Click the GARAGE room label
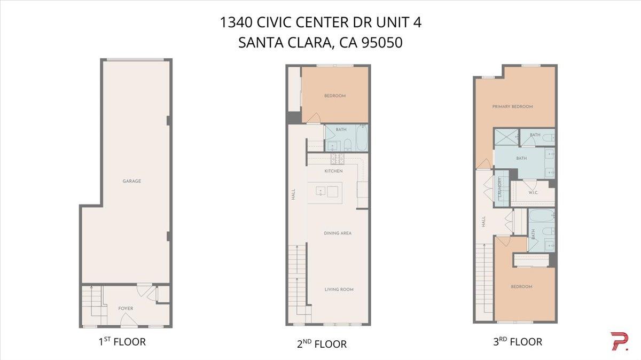tap(132, 181)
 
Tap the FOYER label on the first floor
tap(126, 308)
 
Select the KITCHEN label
tap(333, 171)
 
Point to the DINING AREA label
tap(338, 233)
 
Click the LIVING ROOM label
tap(339, 289)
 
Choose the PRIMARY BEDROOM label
tap(512, 107)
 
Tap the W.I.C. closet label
tap(533, 192)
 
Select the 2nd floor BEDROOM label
tap(335, 96)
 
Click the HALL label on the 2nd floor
tap(293, 196)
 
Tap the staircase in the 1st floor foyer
tap(92, 306)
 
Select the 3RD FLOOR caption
tap(517, 342)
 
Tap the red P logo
tap(619, 341)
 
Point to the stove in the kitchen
tap(338, 158)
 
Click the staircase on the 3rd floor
tap(484, 278)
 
